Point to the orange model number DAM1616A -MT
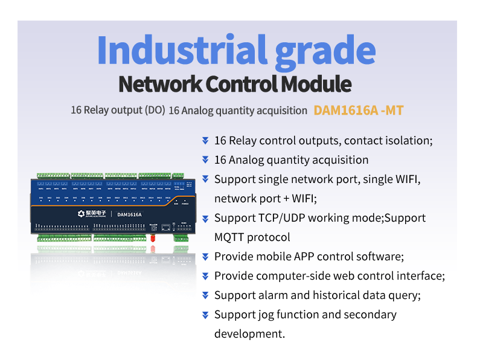pyautogui.click(x=359, y=111)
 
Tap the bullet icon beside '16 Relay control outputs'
pyautogui.click(x=205, y=141)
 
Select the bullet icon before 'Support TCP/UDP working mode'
pyautogui.click(x=205, y=218)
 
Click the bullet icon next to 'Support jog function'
pyautogui.click(x=205, y=315)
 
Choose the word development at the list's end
pyautogui.click(x=249, y=334)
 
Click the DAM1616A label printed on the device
pyautogui.click(x=129, y=214)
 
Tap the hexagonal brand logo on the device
pyautogui.click(x=83, y=214)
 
